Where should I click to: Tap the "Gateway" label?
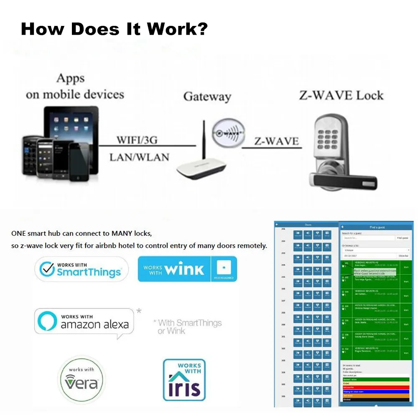click(x=207, y=97)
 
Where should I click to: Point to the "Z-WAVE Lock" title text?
click(x=341, y=95)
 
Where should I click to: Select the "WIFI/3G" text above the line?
click(x=137, y=140)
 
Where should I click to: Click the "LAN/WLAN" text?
click(x=139, y=158)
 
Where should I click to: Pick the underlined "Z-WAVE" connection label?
click(x=277, y=141)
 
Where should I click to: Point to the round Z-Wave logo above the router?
click(x=227, y=133)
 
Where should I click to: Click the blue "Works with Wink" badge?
click(x=187, y=269)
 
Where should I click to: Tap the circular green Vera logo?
click(x=82, y=380)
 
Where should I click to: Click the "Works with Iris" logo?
click(x=184, y=380)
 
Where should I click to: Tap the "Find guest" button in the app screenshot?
click(x=402, y=238)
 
